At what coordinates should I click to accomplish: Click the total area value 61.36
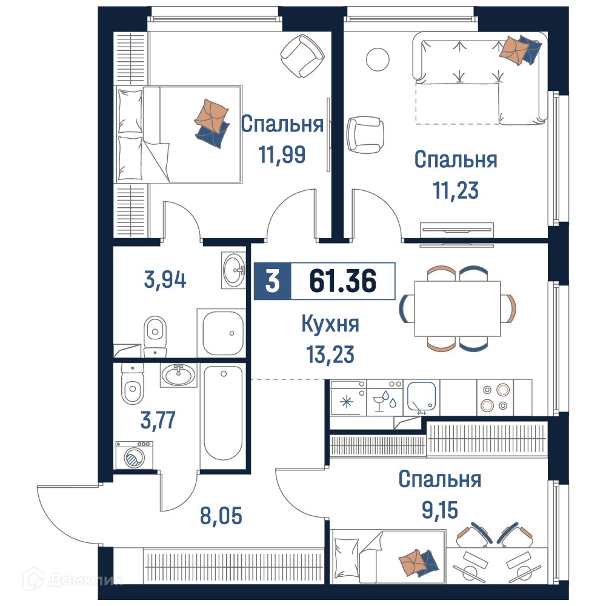(x=342, y=281)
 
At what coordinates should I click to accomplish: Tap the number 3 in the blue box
(x=272, y=281)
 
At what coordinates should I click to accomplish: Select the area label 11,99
(x=282, y=154)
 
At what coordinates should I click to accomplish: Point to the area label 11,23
(x=456, y=190)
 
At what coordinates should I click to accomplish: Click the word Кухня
(x=330, y=324)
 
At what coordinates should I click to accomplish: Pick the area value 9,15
(x=439, y=510)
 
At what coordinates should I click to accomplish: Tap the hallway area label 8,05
(x=221, y=516)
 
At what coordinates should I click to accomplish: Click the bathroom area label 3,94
(x=165, y=279)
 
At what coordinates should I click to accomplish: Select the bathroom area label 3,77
(x=158, y=420)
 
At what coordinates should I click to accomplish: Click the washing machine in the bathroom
(x=134, y=455)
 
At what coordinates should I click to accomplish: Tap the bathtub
(x=223, y=413)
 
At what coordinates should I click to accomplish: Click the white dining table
(x=457, y=308)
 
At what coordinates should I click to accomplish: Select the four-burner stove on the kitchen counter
(x=495, y=398)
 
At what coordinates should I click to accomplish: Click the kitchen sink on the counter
(x=421, y=397)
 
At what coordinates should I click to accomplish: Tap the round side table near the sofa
(x=378, y=59)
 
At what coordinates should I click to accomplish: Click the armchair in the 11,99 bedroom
(x=302, y=56)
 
